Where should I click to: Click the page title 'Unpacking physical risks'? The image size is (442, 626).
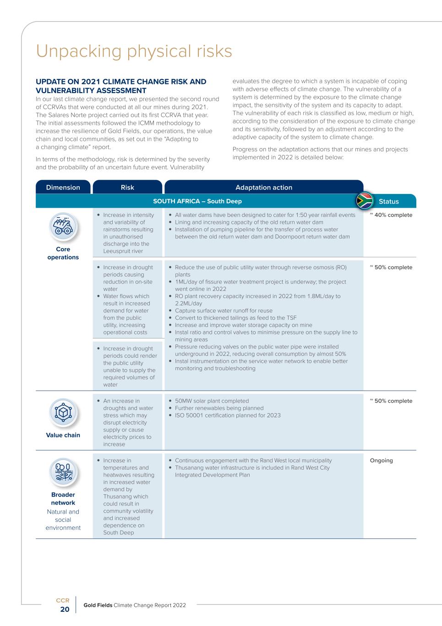click(134, 51)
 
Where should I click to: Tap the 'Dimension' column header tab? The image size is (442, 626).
click(63, 187)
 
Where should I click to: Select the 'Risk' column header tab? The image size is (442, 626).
click(127, 187)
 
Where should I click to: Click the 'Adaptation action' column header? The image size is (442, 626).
click(263, 187)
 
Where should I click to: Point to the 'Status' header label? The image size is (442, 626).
click(388, 201)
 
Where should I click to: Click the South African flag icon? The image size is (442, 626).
click(365, 201)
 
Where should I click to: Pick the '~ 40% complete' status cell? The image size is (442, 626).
click(391, 215)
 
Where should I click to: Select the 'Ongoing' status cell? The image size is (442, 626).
click(381, 460)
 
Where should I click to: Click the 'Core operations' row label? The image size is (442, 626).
click(63, 253)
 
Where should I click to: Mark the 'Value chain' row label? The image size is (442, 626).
click(63, 435)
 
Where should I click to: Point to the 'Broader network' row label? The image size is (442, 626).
click(63, 499)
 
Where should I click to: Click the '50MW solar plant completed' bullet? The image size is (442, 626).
click(212, 401)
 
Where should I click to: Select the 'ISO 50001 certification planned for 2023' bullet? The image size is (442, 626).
click(228, 415)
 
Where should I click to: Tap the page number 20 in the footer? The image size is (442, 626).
click(65, 609)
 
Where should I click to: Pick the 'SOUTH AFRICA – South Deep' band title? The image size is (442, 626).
click(197, 201)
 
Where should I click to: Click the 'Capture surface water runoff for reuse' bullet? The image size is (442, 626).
click(224, 310)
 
